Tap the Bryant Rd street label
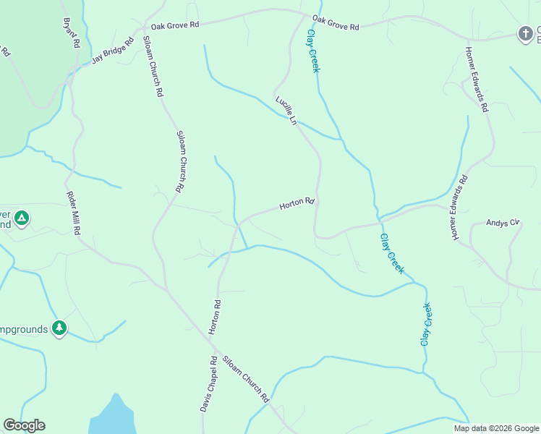71,33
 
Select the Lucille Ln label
286,111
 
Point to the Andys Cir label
503,223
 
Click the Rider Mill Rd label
72,213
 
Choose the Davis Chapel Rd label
208,384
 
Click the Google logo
24,425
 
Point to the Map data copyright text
496,428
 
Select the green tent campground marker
22,217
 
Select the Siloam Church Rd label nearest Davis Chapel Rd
247,379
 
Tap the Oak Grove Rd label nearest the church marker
336,22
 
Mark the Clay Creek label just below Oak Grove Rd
313,51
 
